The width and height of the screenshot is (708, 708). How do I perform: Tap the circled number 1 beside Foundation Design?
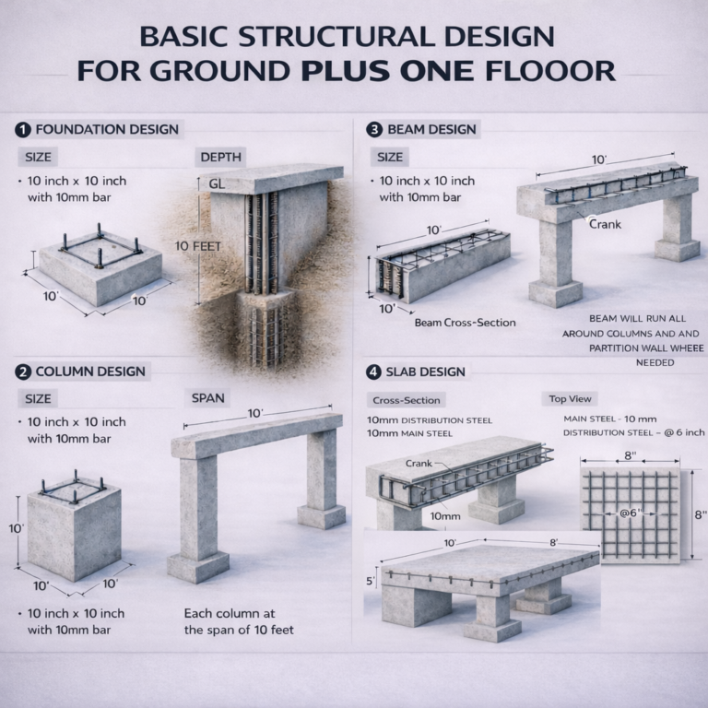click(23, 129)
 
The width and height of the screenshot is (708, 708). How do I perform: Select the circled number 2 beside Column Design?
click(23, 372)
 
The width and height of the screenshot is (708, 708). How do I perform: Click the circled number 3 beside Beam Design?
click(373, 129)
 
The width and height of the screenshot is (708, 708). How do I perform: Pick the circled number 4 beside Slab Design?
click(373, 372)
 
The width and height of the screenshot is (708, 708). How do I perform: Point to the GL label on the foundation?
click(218, 183)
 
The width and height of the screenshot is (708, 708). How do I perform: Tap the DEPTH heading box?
click(222, 158)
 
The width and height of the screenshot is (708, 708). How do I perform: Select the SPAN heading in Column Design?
click(208, 398)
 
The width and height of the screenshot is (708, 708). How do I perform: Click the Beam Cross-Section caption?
click(465, 323)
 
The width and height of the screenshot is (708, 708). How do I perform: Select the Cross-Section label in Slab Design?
click(406, 400)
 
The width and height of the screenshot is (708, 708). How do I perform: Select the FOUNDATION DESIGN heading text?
click(107, 129)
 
